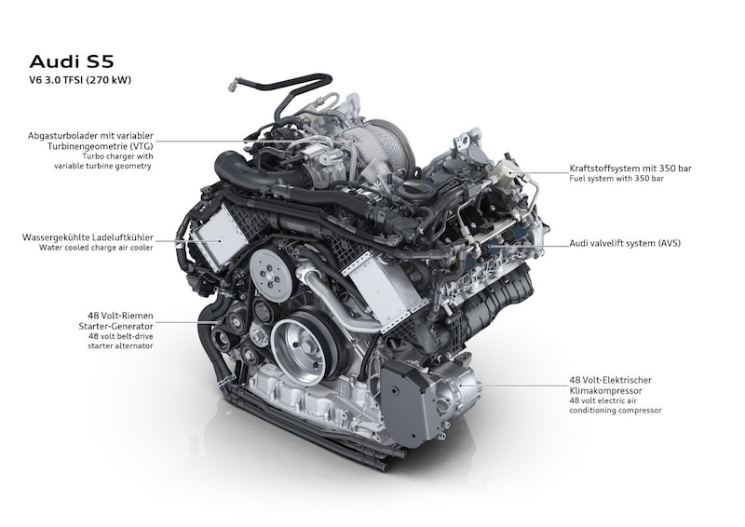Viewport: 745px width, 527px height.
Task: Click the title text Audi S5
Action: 72,61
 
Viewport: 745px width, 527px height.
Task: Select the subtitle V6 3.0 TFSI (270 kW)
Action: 80,80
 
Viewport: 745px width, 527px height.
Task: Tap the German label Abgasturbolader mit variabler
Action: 90,136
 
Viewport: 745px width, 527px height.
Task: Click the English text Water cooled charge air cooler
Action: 97,248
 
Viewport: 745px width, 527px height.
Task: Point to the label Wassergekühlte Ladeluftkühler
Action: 88,237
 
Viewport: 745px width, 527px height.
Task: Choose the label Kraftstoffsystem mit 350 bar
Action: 630,169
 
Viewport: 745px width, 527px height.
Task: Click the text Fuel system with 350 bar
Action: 616,179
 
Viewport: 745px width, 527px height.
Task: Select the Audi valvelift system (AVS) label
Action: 625,243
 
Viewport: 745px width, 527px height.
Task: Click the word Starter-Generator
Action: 115,326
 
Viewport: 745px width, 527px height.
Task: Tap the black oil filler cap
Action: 411,190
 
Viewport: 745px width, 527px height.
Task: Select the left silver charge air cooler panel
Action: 220,239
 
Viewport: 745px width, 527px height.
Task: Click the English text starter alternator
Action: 120,346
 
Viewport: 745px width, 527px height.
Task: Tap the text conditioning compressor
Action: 616,410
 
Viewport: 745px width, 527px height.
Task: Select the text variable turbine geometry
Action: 102,166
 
